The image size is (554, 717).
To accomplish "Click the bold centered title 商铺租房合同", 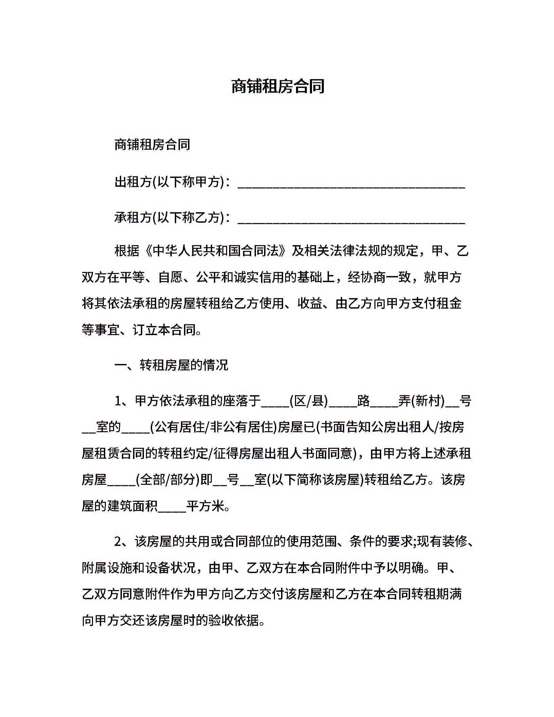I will [278, 86].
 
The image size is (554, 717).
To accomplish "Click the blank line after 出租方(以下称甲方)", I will [351, 185].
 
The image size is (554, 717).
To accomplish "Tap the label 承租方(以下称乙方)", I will [169, 217].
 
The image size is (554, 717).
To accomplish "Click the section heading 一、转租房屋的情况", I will [171, 366].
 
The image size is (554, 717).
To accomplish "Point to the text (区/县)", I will [309, 401].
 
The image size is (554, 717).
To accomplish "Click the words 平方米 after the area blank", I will [205, 507].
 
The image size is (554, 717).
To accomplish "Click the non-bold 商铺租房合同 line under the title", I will [152, 145].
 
